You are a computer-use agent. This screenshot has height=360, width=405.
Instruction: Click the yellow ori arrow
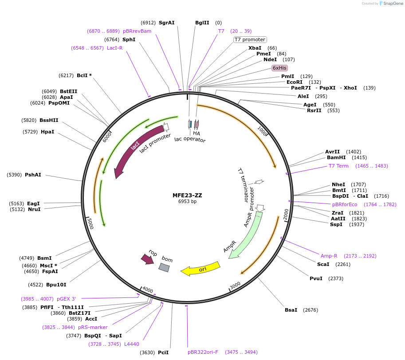(x=201, y=268)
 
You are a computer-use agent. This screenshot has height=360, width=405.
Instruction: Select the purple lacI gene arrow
(x=135, y=146)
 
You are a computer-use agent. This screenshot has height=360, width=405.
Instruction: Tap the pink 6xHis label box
(x=279, y=68)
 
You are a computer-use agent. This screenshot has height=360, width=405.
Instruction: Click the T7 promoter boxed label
(x=250, y=39)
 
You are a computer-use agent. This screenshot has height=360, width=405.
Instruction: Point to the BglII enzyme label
(x=202, y=23)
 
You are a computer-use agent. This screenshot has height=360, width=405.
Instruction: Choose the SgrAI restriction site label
(x=167, y=23)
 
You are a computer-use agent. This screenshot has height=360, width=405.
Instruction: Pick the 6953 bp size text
(x=187, y=202)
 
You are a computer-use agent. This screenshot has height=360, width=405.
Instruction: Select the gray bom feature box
(x=164, y=267)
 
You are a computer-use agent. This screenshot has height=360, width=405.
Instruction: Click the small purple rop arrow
(x=147, y=259)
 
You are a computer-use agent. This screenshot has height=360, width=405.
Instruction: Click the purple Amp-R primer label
(x=329, y=256)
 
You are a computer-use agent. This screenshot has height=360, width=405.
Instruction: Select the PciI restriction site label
(x=163, y=352)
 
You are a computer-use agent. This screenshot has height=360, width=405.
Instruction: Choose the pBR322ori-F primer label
(x=203, y=352)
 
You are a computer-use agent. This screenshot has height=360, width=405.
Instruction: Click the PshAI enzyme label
(x=33, y=175)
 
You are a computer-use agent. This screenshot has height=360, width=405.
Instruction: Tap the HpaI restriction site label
(x=47, y=132)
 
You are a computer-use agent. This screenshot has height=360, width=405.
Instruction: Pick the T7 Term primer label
(x=338, y=166)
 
